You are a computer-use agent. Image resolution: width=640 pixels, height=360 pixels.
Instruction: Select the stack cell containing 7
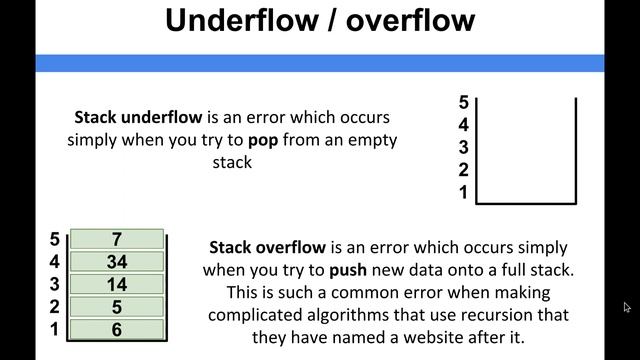117,240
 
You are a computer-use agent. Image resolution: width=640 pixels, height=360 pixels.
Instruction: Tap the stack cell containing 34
117,262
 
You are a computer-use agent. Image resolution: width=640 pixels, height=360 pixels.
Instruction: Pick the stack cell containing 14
117,284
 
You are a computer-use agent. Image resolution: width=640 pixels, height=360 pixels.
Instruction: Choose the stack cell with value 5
117,306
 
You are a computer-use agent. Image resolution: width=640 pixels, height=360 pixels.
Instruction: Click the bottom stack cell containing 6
117,328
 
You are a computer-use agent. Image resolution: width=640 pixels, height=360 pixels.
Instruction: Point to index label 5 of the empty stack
463,102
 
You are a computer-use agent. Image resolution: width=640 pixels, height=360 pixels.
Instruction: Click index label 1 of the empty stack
463,192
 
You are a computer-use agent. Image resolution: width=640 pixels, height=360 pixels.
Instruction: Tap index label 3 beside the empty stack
463,147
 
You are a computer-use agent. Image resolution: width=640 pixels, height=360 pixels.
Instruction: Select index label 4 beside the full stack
54,262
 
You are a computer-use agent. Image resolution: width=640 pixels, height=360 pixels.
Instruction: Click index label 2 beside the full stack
54,306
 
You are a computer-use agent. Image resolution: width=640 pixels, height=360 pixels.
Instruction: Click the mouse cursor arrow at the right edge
626,307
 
